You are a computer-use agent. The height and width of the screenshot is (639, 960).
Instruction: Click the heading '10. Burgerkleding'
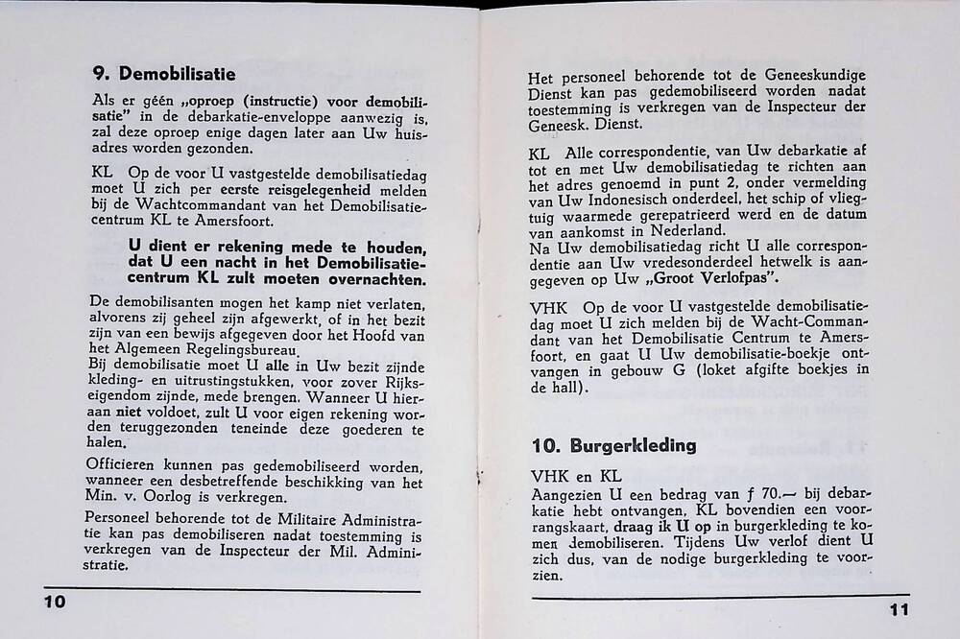click(x=612, y=446)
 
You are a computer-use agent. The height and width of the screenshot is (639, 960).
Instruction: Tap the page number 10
click(x=54, y=602)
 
